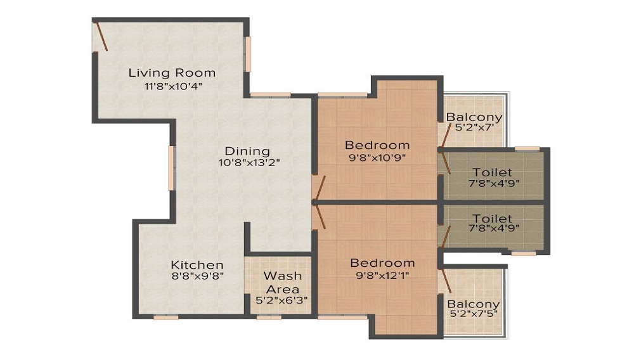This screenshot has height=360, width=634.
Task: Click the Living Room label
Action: [172, 73]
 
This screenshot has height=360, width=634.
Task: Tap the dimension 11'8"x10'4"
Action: [173, 86]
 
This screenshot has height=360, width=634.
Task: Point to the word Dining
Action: [247, 151]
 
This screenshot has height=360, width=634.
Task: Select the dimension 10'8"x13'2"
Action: [249, 163]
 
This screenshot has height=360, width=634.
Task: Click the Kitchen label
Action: [197, 265]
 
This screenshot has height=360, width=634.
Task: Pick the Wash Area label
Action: [283, 283]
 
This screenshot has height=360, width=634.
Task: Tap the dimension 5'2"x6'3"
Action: [282, 300]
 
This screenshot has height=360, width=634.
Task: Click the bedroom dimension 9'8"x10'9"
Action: [377, 158]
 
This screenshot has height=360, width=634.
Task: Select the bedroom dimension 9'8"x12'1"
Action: [382, 276]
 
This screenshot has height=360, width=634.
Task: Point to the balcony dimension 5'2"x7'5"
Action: [473, 314]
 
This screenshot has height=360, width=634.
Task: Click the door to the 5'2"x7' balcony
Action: [446, 135]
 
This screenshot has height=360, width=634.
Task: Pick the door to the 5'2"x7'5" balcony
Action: [446, 280]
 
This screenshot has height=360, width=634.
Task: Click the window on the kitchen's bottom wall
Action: [165, 317]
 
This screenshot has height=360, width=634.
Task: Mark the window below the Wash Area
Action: [269, 317]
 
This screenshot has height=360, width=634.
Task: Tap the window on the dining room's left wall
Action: [171, 168]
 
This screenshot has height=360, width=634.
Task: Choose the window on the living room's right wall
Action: [248, 55]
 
